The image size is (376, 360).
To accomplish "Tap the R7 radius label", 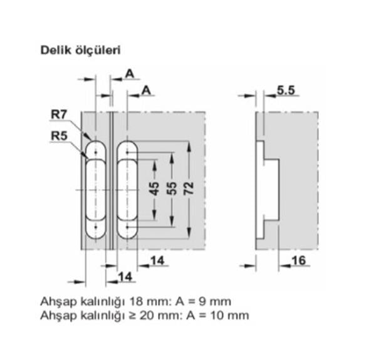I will (x=58, y=115).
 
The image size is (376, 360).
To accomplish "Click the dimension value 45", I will (x=154, y=190).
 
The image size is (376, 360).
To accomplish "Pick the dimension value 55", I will (x=170, y=190).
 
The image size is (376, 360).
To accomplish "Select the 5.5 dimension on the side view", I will (x=285, y=91).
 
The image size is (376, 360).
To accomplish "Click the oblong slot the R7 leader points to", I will (x=95, y=190).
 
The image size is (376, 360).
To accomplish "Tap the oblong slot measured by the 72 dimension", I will (x=128, y=190).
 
